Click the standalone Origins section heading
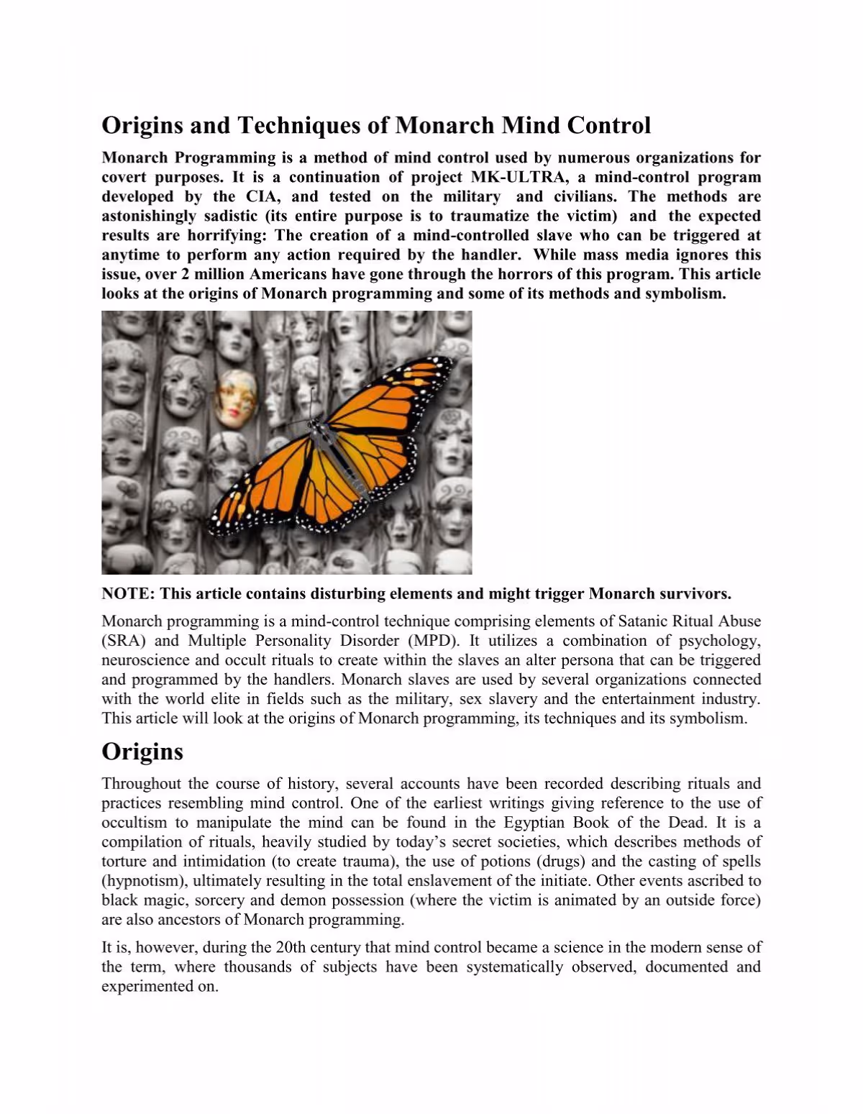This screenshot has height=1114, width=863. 142,752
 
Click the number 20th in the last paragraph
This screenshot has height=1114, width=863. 292,948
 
